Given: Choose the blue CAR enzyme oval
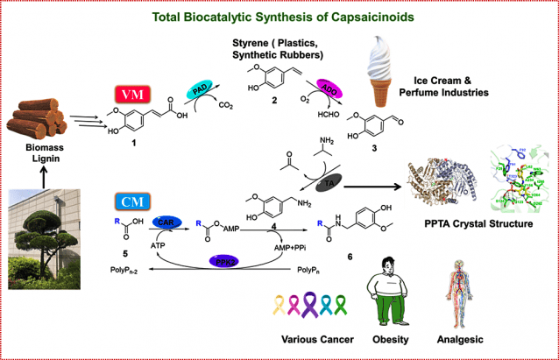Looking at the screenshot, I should click(166, 224).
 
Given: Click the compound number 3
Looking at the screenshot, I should click(372, 150).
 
